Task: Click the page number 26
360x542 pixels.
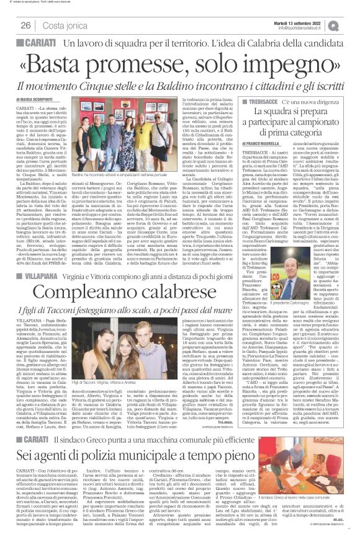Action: (25, 25)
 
